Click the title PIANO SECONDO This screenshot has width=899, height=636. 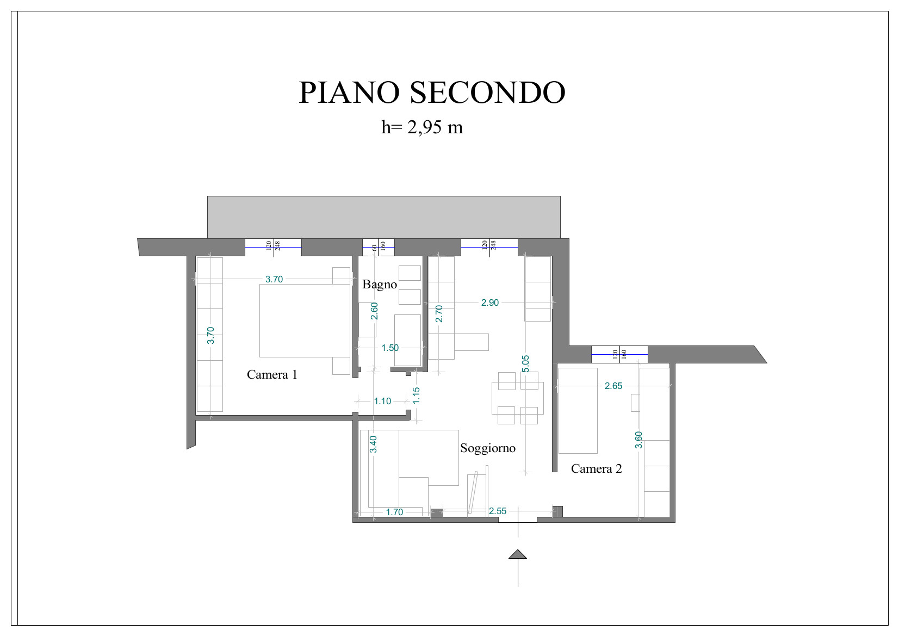click(432, 92)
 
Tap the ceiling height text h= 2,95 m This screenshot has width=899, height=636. click(422, 127)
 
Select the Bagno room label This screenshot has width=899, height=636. click(379, 285)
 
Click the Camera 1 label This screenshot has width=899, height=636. click(272, 374)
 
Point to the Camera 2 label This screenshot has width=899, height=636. click(596, 468)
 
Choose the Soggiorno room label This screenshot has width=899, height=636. click(488, 448)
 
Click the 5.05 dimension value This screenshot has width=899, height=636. click(525, 364)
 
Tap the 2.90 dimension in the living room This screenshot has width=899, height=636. click(489, 302)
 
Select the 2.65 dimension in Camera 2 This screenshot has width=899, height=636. click(613, 386)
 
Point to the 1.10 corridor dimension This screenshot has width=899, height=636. click(382, 401)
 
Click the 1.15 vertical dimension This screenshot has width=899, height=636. click(416, 396)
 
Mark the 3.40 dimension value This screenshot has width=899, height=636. click(373, 444)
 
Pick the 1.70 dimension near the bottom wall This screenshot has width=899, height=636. click(394, 512)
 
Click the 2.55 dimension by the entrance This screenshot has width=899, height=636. click(497, 511)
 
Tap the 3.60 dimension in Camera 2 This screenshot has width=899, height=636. click(638, 440)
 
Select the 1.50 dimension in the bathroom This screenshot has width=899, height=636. click(390, 348)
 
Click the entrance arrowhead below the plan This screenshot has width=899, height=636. click(518, 554)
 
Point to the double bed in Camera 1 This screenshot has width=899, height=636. click(305, 321)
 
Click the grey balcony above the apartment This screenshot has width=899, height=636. click(383, 217)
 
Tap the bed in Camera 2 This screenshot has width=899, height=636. click(578, 411)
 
